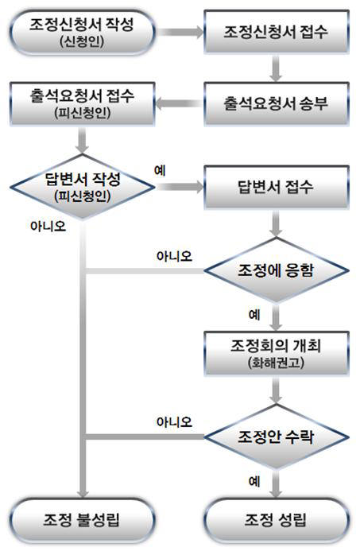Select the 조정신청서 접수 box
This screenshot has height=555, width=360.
pos(275,33)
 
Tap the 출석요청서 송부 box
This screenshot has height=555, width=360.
pos(275,103)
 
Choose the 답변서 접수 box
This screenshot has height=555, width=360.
pos(275,188)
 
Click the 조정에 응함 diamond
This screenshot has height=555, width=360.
pos(275,270)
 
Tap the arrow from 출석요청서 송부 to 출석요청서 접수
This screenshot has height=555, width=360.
pos(179,103)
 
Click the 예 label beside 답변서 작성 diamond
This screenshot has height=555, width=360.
pos(159,171)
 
